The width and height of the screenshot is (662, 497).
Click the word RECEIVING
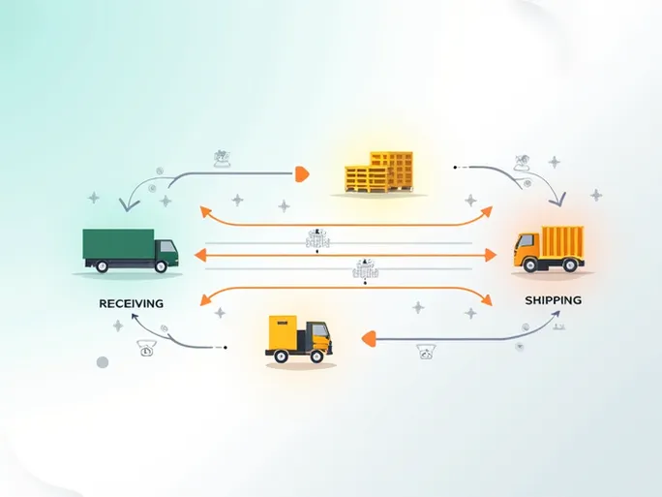point(131,303)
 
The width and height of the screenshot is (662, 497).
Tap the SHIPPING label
point(553,300)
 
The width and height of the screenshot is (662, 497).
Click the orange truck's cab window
point(524,243)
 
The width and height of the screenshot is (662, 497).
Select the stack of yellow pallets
point(378,172)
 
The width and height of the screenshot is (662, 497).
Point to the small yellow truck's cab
point(317,338)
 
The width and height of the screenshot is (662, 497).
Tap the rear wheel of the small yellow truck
point(282,357)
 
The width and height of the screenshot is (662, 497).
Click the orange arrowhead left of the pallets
point(301,174)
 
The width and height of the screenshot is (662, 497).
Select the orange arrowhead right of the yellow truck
point(367,338)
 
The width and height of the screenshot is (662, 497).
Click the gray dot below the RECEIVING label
point(102,362)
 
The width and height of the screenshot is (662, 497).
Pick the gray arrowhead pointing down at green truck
point(127,204)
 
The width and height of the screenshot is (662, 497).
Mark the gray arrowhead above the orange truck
point(558,201)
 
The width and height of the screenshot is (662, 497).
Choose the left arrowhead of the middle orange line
point(199,255)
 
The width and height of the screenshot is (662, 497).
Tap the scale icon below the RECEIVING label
point(145,348)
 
